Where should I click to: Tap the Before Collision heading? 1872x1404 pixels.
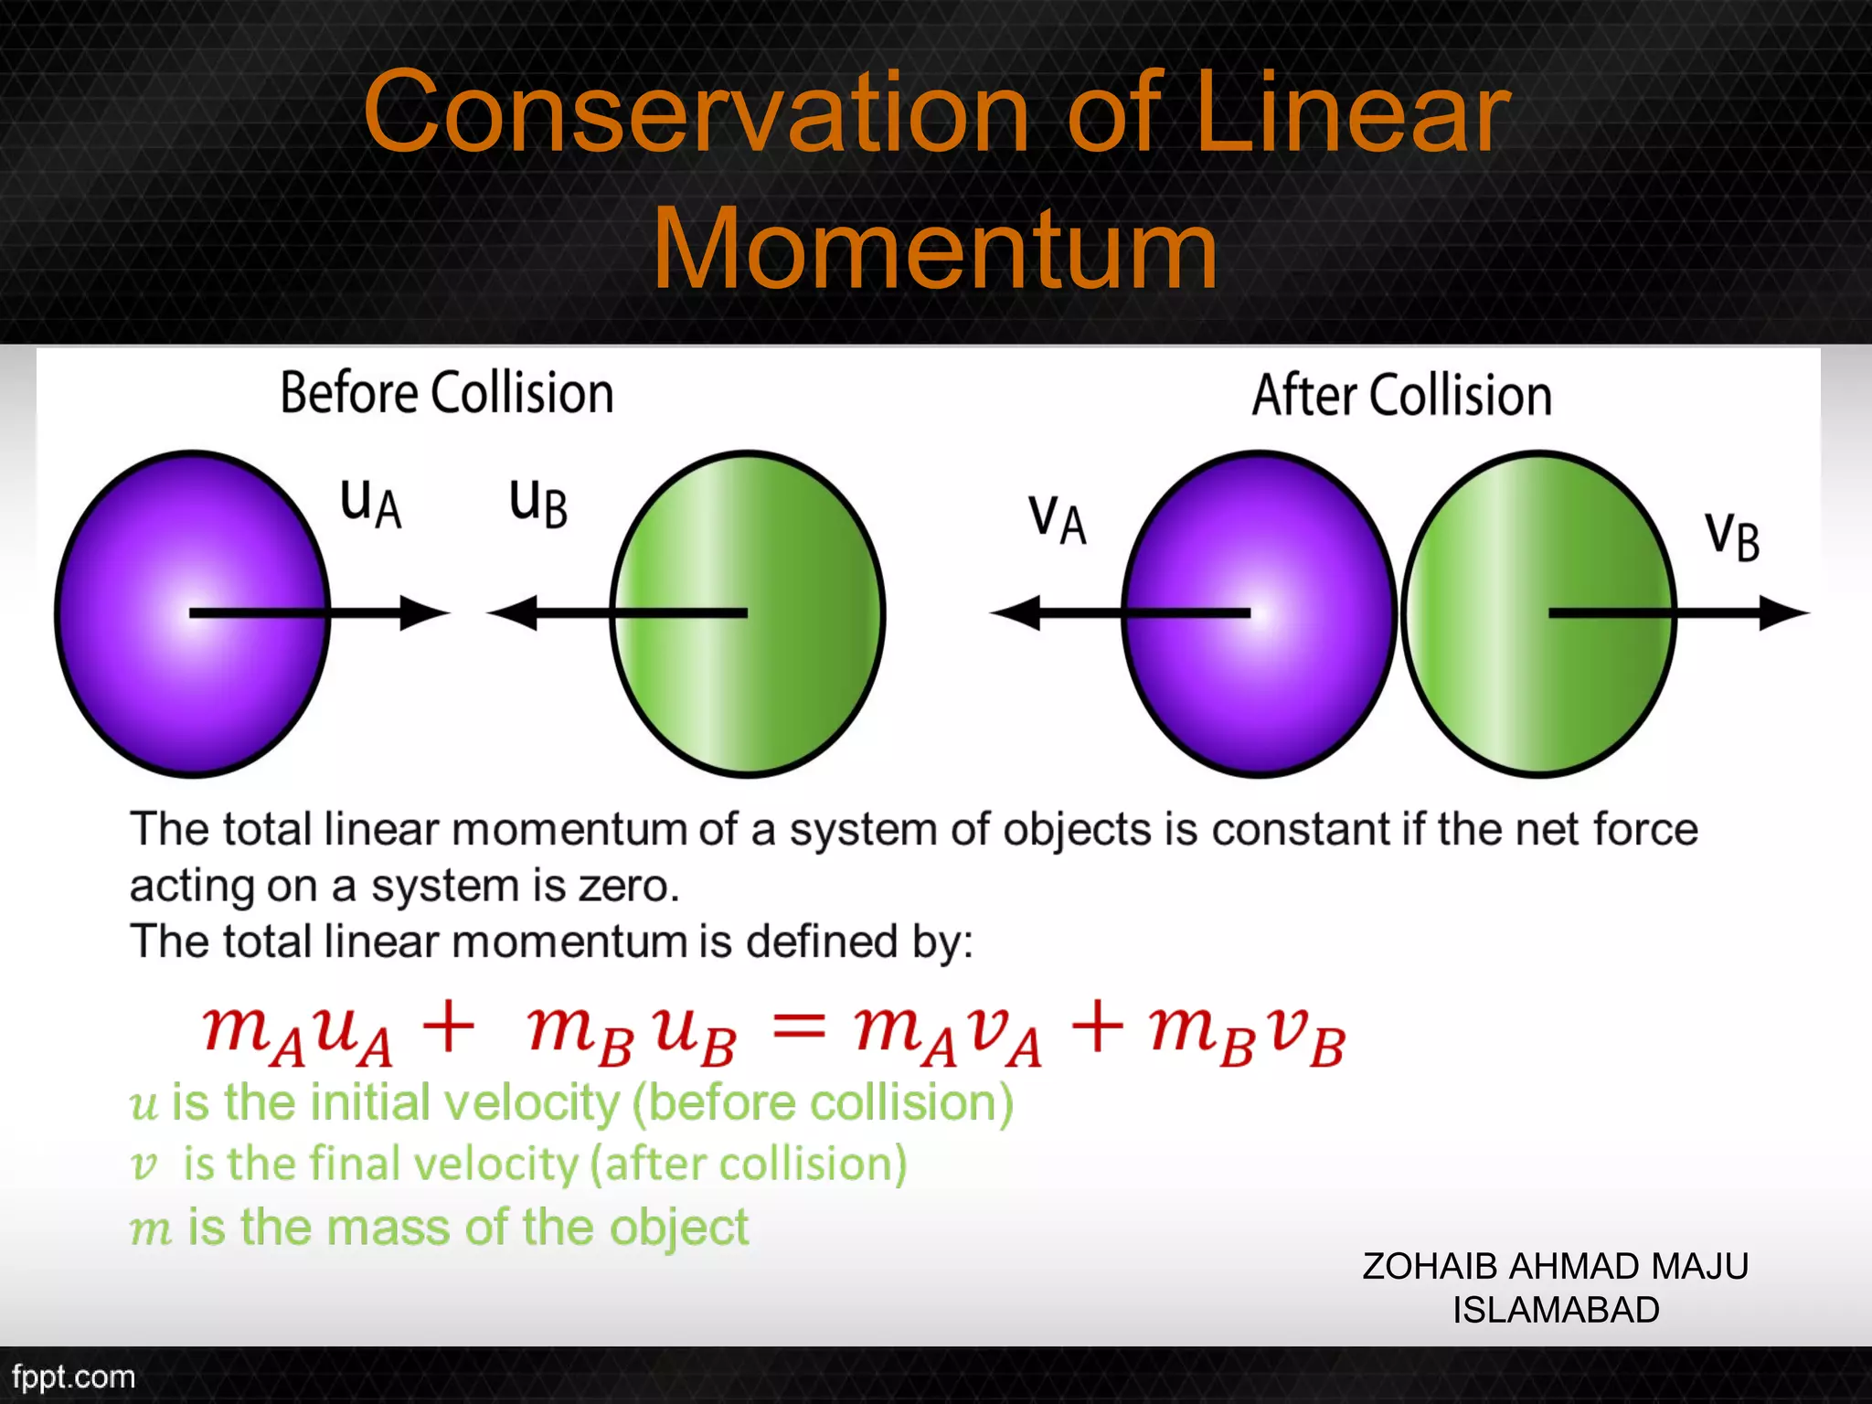pos(446,393)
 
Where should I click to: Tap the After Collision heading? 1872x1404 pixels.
pos(1401,395)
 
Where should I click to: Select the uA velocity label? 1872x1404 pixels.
pos(370,503)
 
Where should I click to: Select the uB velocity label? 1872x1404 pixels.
pos(538,503)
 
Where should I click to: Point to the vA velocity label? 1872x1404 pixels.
pos(1058,519)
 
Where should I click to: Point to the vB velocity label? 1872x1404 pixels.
pos(1732,536)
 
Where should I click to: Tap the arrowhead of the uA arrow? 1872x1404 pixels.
pos(426,613)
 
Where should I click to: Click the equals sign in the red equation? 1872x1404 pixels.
pos(799,1030)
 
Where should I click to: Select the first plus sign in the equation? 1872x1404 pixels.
pos(449,1028)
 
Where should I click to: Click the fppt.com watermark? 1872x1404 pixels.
pos(73,1377)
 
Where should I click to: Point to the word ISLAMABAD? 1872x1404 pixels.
pos(1556,1310)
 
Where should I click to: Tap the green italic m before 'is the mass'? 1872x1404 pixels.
pos(151,1229)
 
